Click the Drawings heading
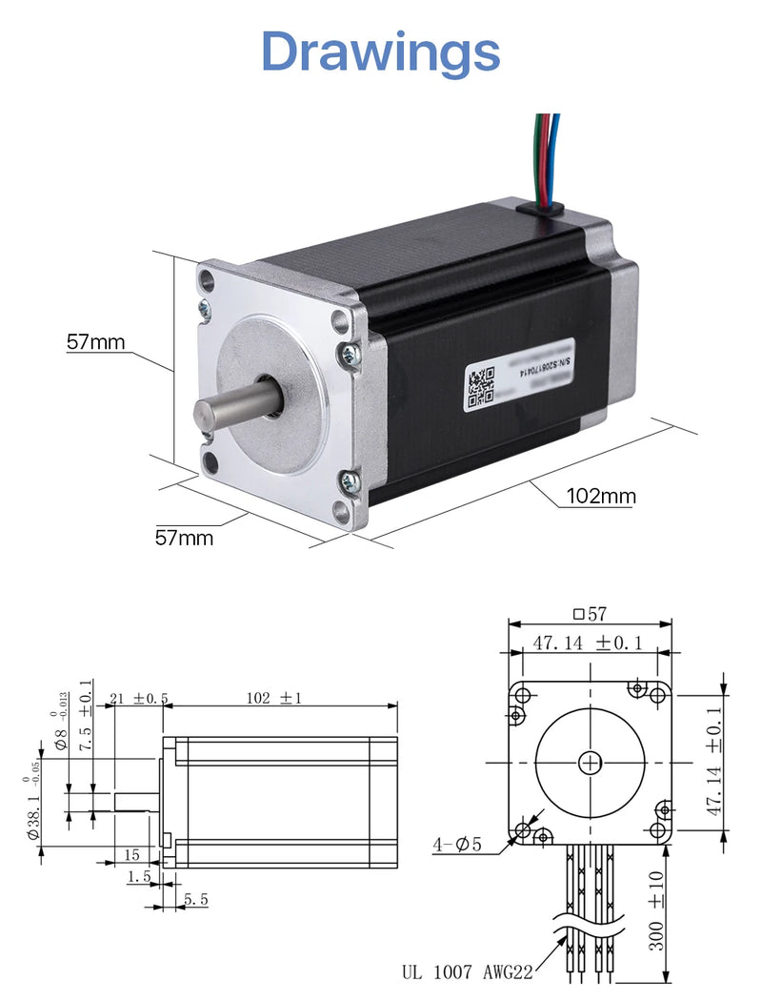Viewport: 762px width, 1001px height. [x=380, y=51]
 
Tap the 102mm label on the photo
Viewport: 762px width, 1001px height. [x=600, y=496]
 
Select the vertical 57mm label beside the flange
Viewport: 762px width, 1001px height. [x=95, y=342]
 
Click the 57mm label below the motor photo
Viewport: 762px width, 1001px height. [x=184, y=538]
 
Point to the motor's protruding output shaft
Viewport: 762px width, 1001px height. [x=229, y=408]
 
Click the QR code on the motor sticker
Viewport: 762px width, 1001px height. [x=480, y=385]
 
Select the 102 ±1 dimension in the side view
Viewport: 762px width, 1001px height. [x=273, y=698]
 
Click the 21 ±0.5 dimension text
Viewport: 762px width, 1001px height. [x=137, y=698]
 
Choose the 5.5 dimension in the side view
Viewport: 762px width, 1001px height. [x=196, y=899]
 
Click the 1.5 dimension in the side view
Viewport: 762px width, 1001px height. [x=139, y=876]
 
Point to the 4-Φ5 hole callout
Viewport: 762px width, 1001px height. [x=458, y=845]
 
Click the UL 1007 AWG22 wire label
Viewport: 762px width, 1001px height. [x=467, y=972]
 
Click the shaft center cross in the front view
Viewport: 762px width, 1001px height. [x=591, y=762]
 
